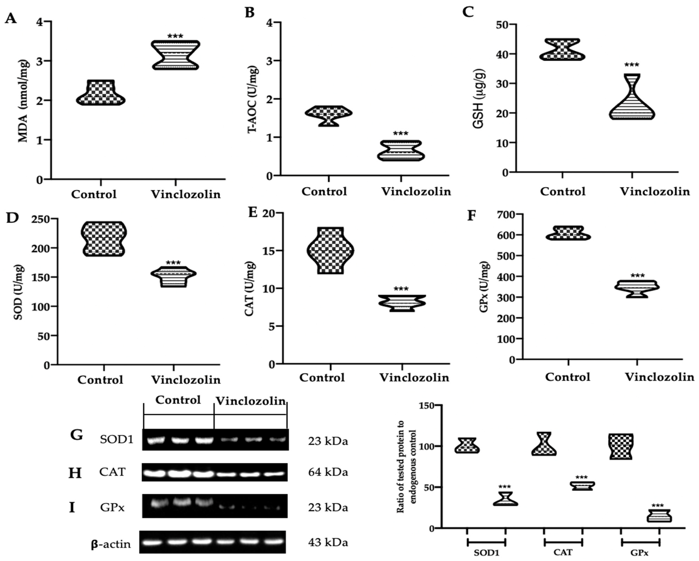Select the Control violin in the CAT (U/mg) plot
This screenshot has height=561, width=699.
[x=330, y=251]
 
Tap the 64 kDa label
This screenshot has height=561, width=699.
[x=328, y=472]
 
